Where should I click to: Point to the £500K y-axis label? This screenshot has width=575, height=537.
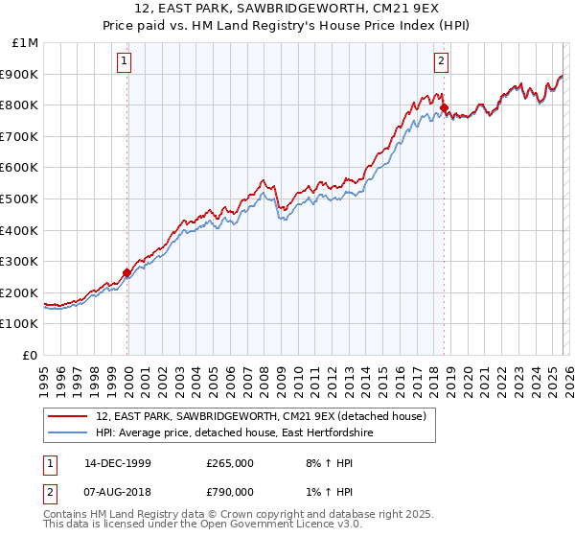[x=22, y=198]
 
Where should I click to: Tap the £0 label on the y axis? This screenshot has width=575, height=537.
[x=32, y=355]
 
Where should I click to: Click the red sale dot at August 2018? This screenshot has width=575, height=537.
[x=444, y=108]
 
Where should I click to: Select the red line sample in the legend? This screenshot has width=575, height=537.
[x=68, y=415]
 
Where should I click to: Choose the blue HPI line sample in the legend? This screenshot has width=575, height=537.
[x=68, y=433]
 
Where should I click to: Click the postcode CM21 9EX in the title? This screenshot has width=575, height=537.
[x=403, y=11]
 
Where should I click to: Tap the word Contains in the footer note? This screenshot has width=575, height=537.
[x=68, y=516]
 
